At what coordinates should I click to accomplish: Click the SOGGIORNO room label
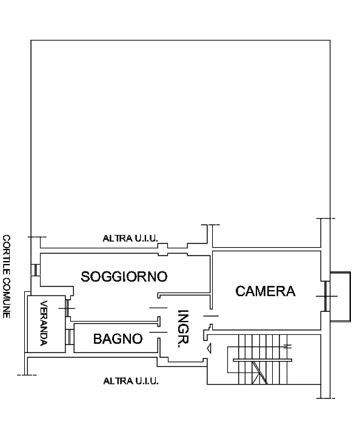point(124,276)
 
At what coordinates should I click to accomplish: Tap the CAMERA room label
point(265,291)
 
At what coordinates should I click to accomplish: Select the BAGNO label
point(118,339)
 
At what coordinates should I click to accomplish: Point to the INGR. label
point(183,329)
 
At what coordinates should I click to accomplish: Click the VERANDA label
point(44,323)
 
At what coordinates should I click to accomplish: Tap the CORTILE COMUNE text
point(6,276)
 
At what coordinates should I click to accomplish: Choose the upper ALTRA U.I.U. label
point(130,238)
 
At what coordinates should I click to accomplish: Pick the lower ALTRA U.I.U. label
point(131,381)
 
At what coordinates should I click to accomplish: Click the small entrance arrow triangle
point(209,348)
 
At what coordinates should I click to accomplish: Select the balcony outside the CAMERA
point(340,296)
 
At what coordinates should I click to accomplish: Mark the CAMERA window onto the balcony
point(325,296)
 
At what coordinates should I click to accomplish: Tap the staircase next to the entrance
point(261,359)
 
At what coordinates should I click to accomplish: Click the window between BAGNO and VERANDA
point(70,337)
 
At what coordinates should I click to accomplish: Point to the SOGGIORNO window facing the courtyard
point(35,270)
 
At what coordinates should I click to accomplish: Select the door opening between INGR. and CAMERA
point(211,316)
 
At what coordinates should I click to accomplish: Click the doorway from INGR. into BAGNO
point(159,332)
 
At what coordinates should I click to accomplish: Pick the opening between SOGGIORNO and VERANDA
point(67,308)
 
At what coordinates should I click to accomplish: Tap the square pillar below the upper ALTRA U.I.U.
point(163,250)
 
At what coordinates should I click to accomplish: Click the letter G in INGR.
point(183,329)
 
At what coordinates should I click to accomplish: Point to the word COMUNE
point(6,298)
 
